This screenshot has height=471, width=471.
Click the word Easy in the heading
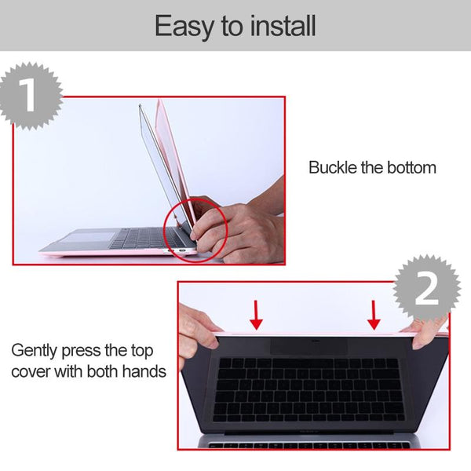pos(182,27)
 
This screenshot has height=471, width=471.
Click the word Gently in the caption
pos(35,349)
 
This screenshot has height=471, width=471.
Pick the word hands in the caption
pos(144,371)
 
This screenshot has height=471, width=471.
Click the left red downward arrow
pos(256,315)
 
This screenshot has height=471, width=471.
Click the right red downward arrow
pos(374,315)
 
